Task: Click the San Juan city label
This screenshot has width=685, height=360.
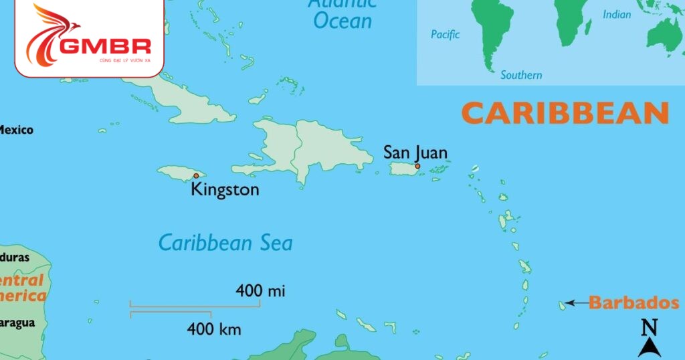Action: tap(415, 153)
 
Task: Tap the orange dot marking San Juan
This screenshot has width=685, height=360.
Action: tap(417, 166)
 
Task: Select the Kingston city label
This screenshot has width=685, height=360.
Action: tap(225, 189)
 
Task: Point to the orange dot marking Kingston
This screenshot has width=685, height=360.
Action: tap(195, 176)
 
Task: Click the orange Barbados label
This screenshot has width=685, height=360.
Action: tap(633, 303)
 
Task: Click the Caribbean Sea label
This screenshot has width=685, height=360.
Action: tap(225, 242)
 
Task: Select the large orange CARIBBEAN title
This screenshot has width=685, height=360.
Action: tap(565, 113)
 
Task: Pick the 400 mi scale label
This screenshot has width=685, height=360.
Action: tap(260, 291)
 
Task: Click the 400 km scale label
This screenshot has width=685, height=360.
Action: tap(214, 329)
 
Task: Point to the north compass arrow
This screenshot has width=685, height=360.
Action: tap(649, 347)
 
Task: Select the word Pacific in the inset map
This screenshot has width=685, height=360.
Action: tap(446, 35)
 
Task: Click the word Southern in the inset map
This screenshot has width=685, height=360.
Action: tap(521, 75)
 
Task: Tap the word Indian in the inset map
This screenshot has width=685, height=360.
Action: tap(617, 14)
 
